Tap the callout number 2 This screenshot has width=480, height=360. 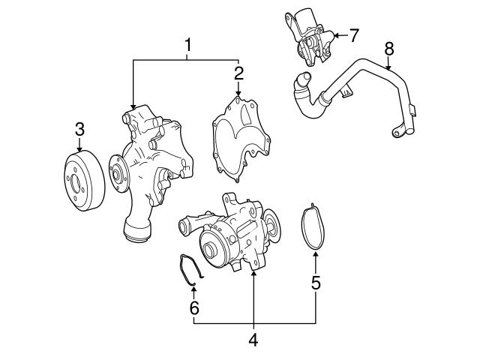238,73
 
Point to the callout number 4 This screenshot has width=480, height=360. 253,339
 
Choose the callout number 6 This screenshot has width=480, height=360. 193,307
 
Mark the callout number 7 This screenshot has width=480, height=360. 355,34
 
